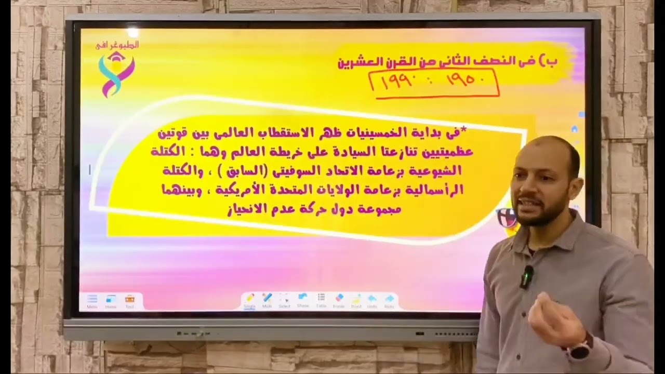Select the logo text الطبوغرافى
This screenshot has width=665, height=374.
pyautogui.click(x=117, y=45)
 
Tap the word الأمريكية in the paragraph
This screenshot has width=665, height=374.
pyautogui.click(x=232, y=190)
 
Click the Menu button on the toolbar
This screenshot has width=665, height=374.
pyautogui.click(x=92, y=301)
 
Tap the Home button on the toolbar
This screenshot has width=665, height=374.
pyautogui.click(x=111, y=301)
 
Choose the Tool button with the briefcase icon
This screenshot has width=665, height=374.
pyautogui.click(x=129, y=301)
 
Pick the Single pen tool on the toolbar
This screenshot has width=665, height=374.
pyautogui.click(x=249, y=300)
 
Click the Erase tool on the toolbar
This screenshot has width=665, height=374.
pyautogui.click(x=339, y=300)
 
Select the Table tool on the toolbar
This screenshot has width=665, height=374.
pyautogui.click(x=321, y=300)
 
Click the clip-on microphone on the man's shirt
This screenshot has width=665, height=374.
pyautogui.click(x=527, y=276)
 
